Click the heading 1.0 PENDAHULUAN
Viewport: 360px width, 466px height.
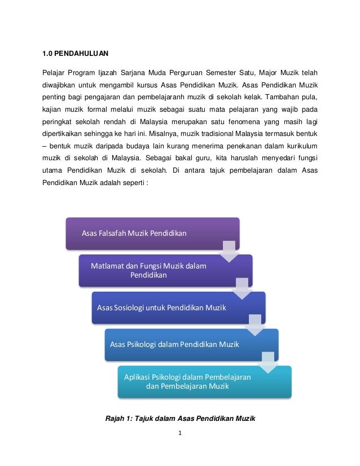(x=76, y=54)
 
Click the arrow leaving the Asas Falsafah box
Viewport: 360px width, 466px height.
(x=229, y=250)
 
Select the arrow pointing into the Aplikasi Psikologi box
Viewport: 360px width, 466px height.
(x=267, y=361)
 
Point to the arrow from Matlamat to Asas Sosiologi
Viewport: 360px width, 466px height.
(x=242, y=287)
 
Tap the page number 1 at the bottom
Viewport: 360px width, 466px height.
(x=180, y=434)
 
